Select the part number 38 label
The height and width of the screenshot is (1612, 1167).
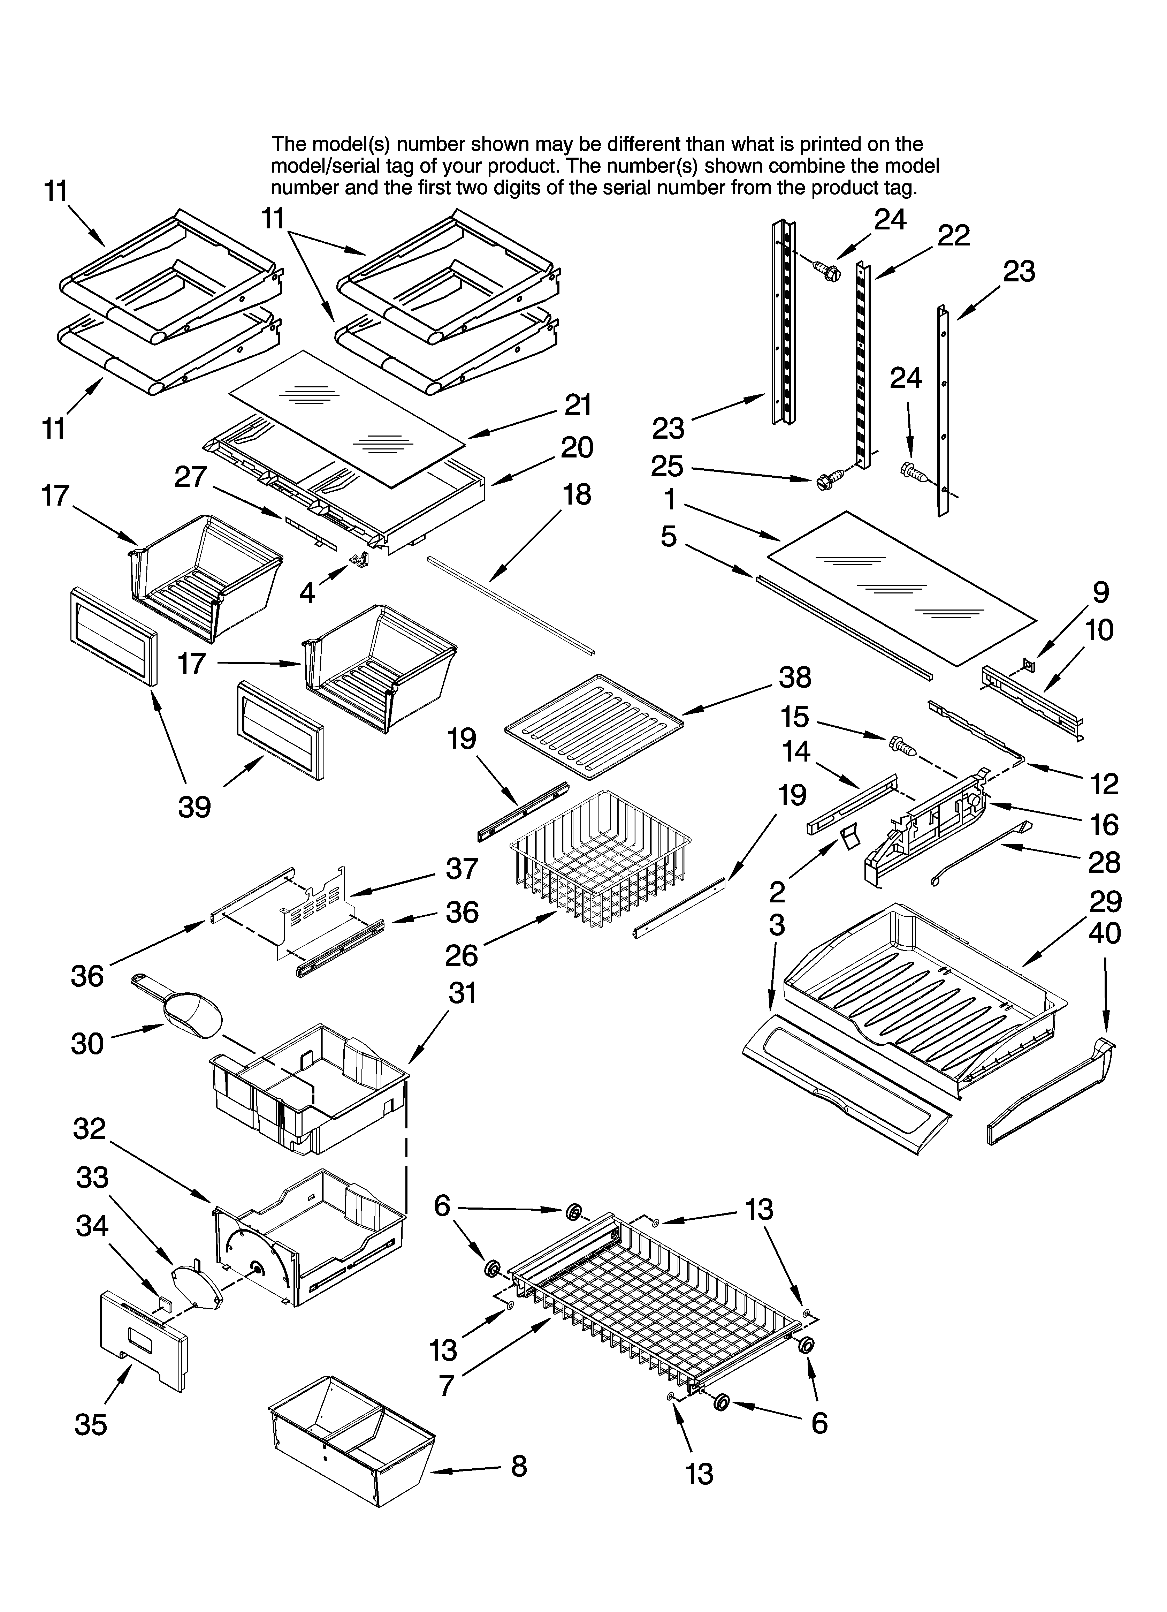click(x=795, y=678)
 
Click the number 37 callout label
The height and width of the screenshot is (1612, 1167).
click(x=462, y=869)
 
